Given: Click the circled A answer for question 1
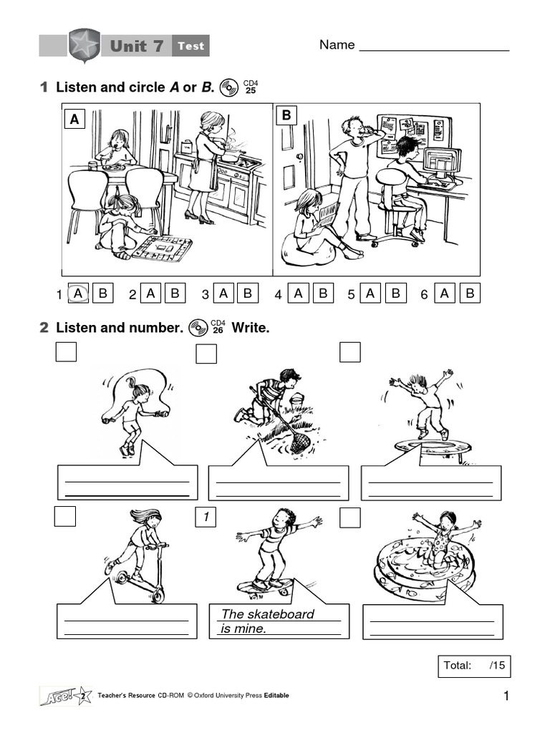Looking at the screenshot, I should pos(79,293).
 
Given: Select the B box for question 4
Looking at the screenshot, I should pos(322,293).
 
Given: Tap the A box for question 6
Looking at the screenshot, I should pos(445,293).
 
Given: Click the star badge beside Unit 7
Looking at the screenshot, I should pos(85,46).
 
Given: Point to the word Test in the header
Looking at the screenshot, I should pos(190,47).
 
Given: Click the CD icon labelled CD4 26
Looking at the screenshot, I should pos(197,328).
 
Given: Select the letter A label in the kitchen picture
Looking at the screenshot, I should pos(74,120).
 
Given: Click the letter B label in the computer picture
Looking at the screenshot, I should pos(286,115).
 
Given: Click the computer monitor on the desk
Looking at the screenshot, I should pos(442,163).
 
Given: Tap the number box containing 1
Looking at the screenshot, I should pos(206,517).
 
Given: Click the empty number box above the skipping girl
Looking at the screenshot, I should pos(65,352).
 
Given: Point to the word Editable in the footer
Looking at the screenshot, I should pos(276,696).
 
